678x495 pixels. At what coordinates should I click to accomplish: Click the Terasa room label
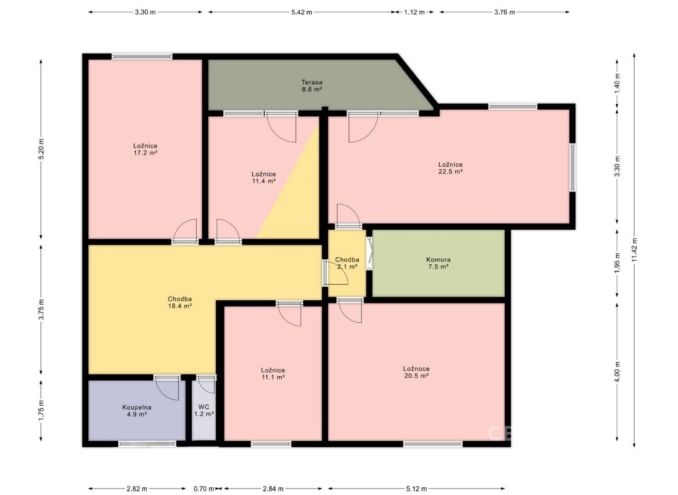click(x=312, y=82)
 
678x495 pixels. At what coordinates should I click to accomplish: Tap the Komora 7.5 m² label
click(x=438, y=263)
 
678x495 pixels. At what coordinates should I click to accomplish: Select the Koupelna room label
click(x=137, y=407)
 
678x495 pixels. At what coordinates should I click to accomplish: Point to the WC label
click(x=204, y=407)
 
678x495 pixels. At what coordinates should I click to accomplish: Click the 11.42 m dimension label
click(x=635, y=250)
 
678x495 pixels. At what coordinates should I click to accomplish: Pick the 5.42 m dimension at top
click(x=301, y=12)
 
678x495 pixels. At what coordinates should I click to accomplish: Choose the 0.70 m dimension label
click(x=204, y=489)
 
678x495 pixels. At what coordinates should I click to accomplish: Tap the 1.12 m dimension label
click(x=414, y=12)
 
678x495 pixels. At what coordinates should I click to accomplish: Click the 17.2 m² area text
click(x=145, y=152)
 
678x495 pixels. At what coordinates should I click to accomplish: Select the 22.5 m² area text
click(x=451, y=171)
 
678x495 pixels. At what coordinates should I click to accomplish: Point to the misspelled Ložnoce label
click(x=417, y=369)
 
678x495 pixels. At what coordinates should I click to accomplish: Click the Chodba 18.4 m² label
click(x=180, y=303)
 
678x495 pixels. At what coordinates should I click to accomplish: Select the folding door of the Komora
click(x=369, y=253)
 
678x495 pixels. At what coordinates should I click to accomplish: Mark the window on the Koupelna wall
click(x=147, y=443)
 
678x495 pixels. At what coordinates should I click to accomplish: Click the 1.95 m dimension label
click(x=618, y=263)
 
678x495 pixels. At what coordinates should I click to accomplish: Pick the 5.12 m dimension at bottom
click(x=417, y=489)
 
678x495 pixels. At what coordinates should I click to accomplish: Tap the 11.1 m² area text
click(x=273, y=377)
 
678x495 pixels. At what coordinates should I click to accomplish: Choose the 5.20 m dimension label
click(x=42, y=149)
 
